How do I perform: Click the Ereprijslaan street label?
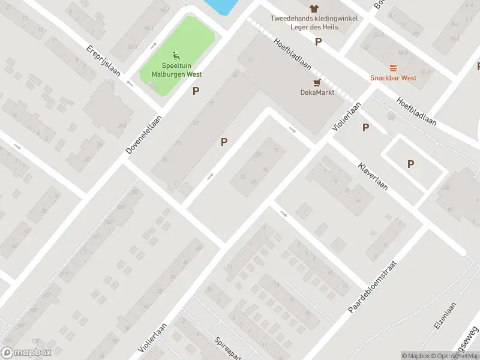(x=104, y=61)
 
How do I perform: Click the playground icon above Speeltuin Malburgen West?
(x=176, y=56)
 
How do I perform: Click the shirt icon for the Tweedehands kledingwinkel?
(x=313, y=8)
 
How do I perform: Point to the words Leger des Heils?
(x=313, y=27)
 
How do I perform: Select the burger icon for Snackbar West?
(x=393, y=68)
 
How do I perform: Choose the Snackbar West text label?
(x=393, y=78)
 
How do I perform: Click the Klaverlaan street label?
(x=373, y=176)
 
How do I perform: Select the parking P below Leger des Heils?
(x=319, y=42)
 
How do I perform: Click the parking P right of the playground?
(x=196, y=91)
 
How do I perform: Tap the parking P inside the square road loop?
(x=410, y=164)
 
